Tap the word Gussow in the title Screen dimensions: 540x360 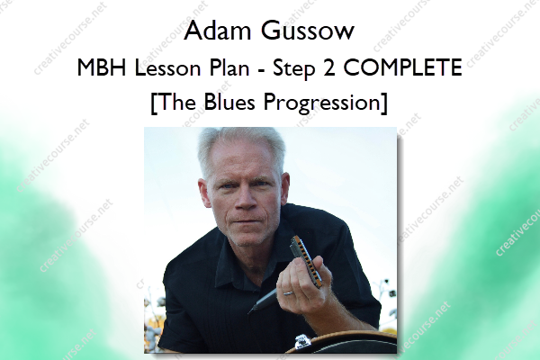click(307, 31)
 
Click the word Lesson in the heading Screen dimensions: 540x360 click(167, 67)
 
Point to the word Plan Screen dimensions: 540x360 click(229, 67)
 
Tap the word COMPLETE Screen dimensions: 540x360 click(403, 67)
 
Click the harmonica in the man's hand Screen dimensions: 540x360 click(306, 261)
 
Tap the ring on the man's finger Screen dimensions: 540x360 click(288, 293)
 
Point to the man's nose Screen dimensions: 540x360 click(246, 199)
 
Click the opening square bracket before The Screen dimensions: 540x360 click(154, 103)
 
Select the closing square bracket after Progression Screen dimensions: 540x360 click(384, 103)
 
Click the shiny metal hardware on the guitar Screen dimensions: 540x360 click(302, 342)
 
